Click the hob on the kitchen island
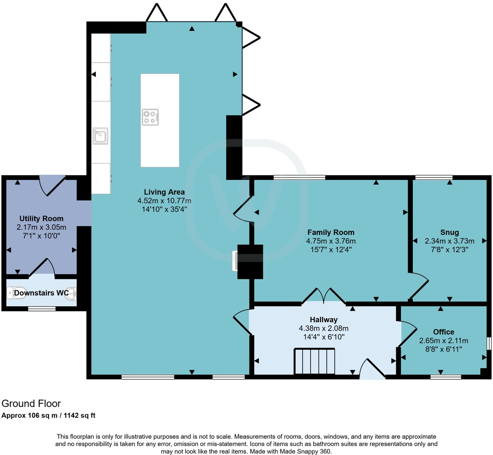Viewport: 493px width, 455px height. coord(150,117)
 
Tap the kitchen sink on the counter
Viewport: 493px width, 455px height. coord(100,136)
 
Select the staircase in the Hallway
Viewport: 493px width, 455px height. coord(314,361)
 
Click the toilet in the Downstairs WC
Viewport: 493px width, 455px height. coord(17,293)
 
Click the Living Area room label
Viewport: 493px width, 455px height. coord(164,192)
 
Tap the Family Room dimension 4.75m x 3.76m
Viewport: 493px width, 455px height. coord(331,241)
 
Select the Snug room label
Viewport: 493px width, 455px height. coord(449,232)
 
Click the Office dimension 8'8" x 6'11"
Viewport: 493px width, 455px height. coord(443,349)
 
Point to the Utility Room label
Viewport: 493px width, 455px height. coord(41,219)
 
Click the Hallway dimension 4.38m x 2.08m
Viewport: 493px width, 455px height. coord(323,328)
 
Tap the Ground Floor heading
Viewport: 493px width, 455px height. coord(31,403)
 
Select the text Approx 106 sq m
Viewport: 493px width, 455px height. coord(29,415)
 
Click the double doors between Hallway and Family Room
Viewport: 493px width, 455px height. coord(324,296)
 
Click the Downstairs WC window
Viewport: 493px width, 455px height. coord(42,308)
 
